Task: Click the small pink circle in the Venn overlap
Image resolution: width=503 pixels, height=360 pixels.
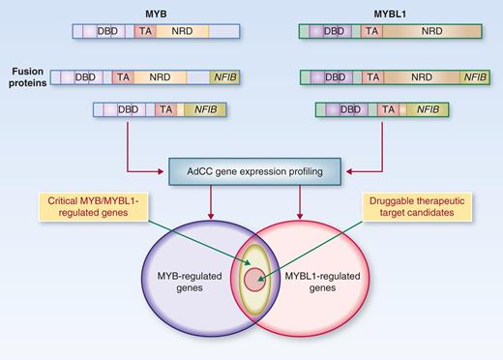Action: point(252,280)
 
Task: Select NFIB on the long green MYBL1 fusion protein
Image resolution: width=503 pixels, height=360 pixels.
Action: point(476,75)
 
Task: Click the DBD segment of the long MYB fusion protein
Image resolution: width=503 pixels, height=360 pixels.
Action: point(85,75)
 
